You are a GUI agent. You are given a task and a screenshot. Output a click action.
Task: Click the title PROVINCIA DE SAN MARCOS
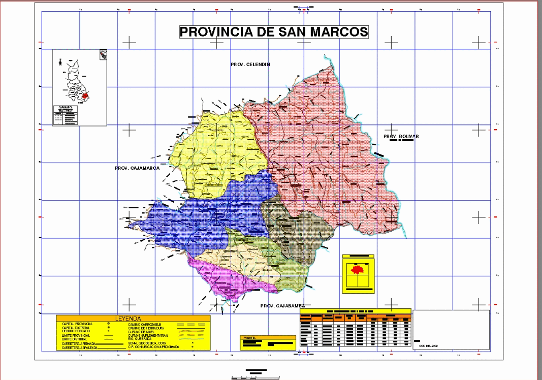point(274,32)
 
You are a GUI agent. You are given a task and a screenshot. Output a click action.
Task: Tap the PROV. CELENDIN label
point(250,65)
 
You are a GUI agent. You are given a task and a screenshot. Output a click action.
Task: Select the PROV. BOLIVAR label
point(401,137)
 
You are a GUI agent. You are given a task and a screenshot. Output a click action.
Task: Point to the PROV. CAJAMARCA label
point(137,168)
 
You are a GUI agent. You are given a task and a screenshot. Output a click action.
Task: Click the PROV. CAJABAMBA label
point(282,306)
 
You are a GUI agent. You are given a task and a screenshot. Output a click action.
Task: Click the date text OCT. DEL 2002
point(428,345)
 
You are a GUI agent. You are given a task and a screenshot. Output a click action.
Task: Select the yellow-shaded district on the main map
point(213,152)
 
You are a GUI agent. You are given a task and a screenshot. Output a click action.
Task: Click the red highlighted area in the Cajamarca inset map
point(85,95)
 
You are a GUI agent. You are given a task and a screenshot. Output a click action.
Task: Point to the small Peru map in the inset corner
point(103,54)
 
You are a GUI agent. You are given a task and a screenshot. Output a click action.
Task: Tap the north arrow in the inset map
point(60,61)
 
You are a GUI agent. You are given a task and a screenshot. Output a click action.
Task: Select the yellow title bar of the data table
point(355,310)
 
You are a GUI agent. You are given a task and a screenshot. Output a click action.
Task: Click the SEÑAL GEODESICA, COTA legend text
point(147,343)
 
